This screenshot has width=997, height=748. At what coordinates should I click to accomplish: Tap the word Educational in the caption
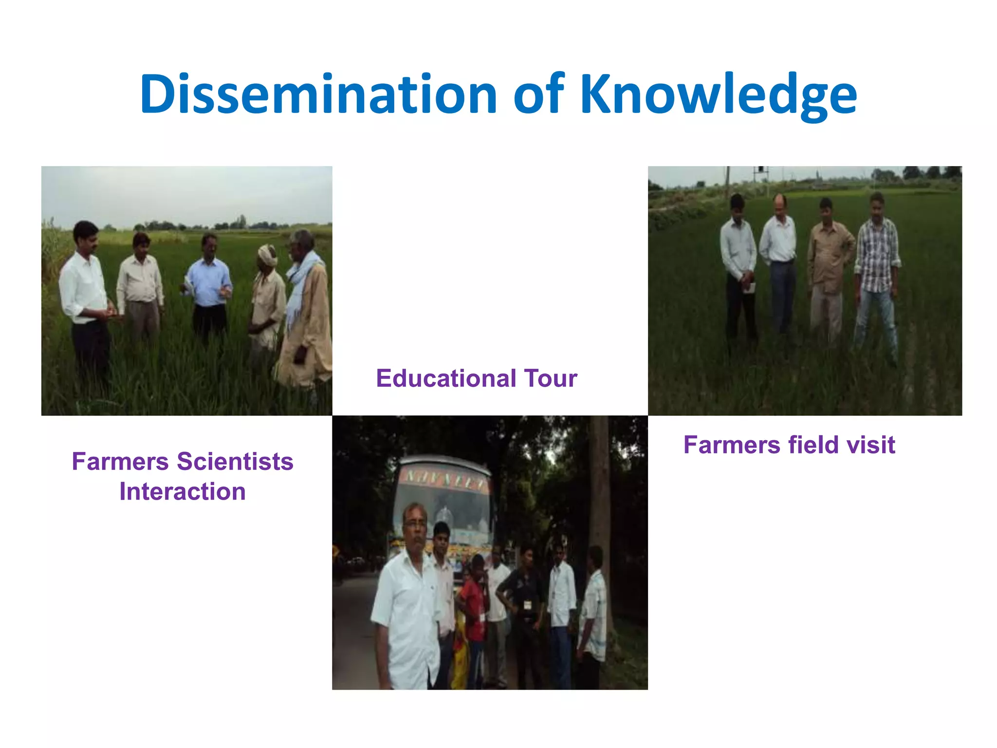pos(445,378)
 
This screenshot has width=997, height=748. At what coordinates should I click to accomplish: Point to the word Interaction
pos(183,491)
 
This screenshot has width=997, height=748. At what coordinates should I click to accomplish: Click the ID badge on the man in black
pos(527,605)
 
